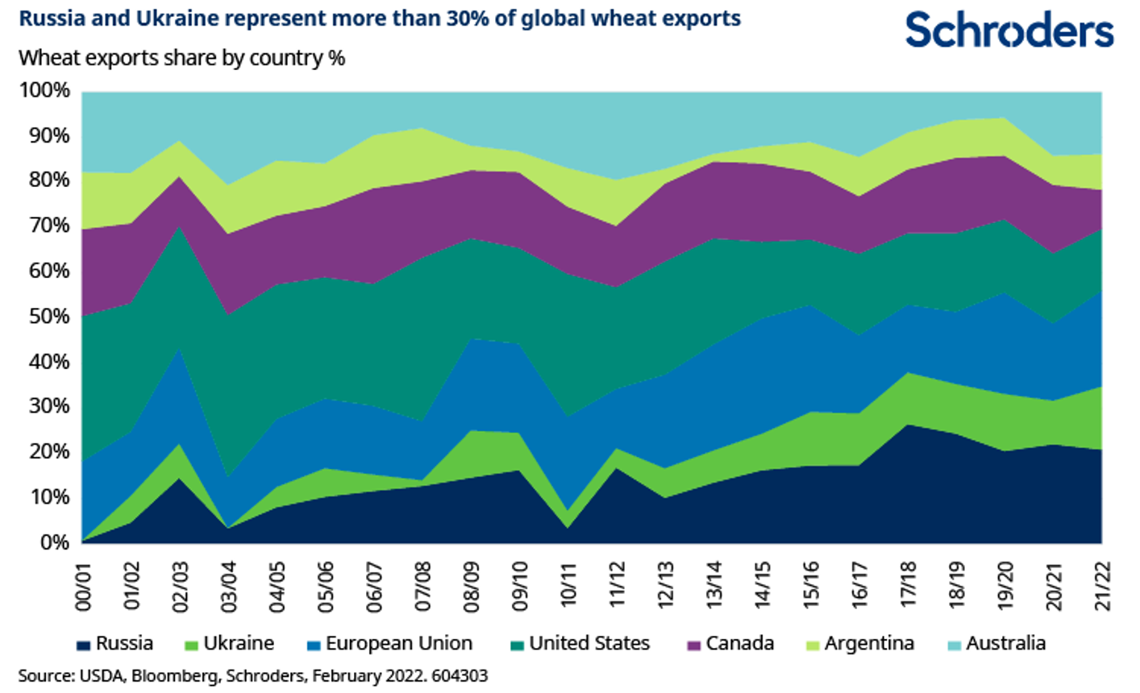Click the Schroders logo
click(1009, 31)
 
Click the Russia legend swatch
click(83, 645)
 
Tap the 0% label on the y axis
click(52, 542)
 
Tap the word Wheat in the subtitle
click(44, 58)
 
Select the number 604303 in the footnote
click(460, 675)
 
